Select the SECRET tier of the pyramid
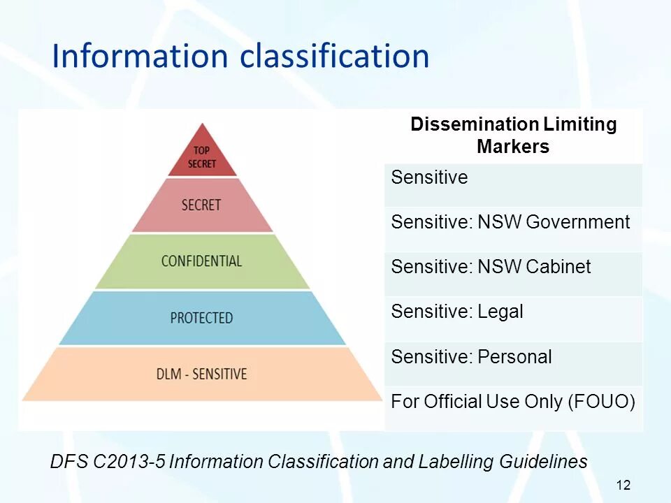click(x=201, y=205)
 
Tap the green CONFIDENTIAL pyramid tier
click(x=201, y=261)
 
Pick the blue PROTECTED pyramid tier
click(x=201, y=318)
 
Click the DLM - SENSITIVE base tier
click(x=201, y=374)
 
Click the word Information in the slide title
click(x=140, y=57)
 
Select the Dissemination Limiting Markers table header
click(x=513, y=136)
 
